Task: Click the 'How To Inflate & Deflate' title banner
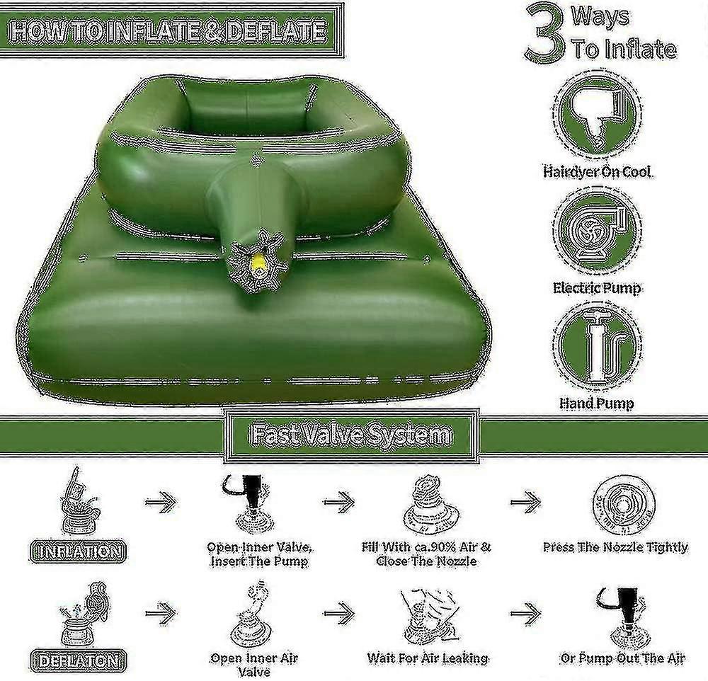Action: [x=170, y=31]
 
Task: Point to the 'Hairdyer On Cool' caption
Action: [x=597, y=172]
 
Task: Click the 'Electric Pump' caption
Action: [x=597, y=288]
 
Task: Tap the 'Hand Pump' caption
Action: [x=597, y=404]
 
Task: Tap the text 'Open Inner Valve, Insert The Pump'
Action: [x=258, y=554]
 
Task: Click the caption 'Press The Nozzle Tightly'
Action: [x=615, y=546]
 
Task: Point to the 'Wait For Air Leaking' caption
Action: [x=428, y=658]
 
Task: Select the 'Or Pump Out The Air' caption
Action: [x=622, y=658]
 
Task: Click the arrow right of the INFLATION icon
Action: [x=159, y=503]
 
